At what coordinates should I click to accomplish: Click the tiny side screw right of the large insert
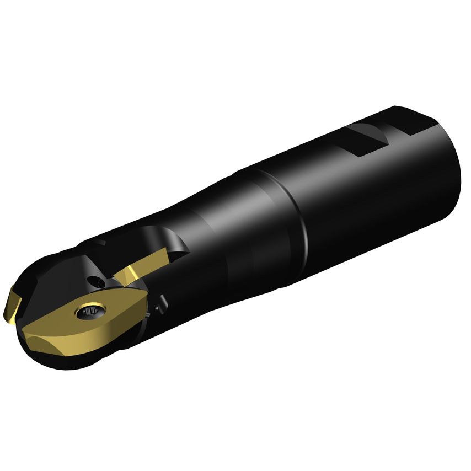click(162, 303)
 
